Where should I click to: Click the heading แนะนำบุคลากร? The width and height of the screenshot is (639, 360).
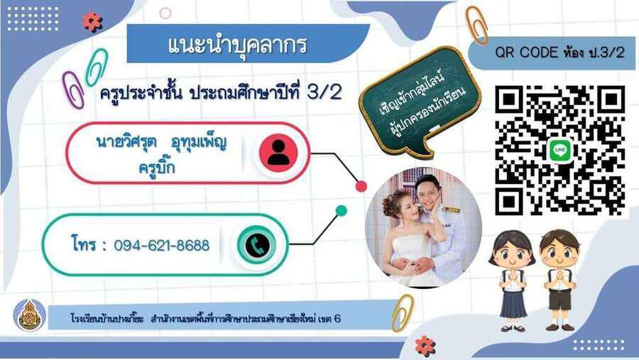coord(237,45)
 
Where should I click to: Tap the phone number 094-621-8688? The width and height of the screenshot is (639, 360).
coord(161,246)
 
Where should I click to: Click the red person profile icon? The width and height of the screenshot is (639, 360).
coord(278,153)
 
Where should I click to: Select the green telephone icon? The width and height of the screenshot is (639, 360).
coord(257,245)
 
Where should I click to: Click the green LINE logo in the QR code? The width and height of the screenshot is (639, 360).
coord(560,151)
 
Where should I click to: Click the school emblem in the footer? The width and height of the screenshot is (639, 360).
coord(29,315)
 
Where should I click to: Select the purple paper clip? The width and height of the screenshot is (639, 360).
coord(73,89)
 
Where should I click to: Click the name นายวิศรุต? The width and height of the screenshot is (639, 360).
coord(126,142)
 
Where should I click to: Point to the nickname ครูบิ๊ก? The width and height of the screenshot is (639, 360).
coord(157,167)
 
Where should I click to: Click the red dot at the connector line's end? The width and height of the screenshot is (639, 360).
coord(361,186)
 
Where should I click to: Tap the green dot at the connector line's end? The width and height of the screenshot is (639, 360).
coord(341,210)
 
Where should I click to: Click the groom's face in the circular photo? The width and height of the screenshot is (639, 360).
coord(427,192)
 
